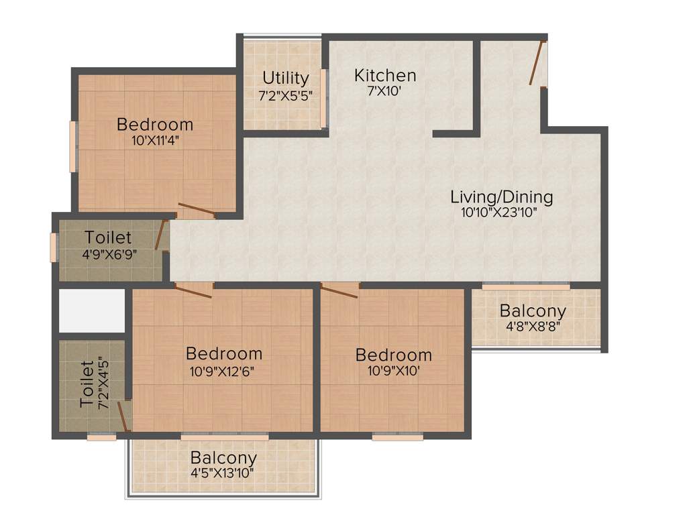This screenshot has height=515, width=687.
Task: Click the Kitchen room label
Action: coord(385,75)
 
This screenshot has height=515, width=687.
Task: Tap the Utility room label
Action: coord(286,78)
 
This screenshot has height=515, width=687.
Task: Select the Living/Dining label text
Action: coord(501,197)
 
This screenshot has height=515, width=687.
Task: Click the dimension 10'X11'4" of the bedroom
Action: coord(155,140)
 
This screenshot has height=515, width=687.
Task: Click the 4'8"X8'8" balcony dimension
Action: coord(533,327)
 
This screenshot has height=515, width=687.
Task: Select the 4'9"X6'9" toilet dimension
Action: coord(108,254)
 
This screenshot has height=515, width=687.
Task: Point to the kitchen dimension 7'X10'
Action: coord(384,91)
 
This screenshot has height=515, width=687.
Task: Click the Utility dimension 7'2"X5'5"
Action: coord(286,95)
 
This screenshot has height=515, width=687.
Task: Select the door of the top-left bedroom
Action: coord(197,211)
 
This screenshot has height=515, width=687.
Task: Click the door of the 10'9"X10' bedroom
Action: coord(339,290)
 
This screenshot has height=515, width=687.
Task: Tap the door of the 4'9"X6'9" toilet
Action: coord(161,235)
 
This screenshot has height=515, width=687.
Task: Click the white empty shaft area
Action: coord(92,310)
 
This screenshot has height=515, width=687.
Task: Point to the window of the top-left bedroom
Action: coord(72,147)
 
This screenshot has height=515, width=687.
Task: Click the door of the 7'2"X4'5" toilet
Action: coord(123,416)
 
